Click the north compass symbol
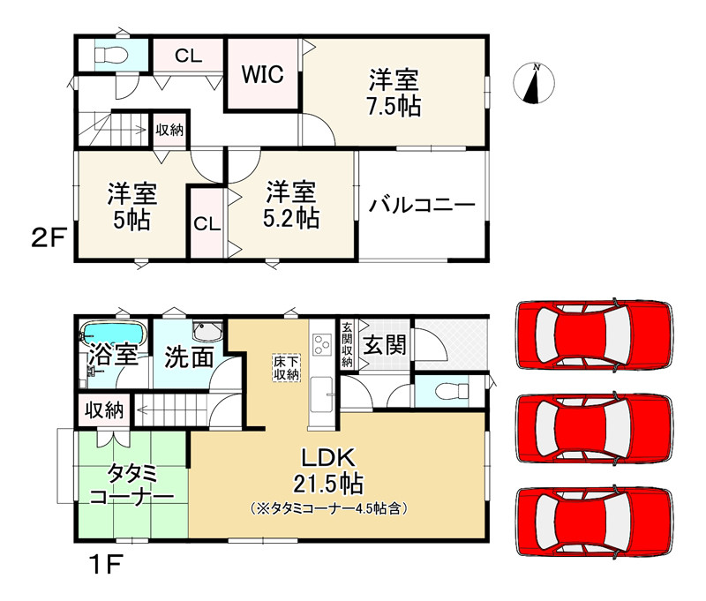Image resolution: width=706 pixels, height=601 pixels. pos(534,84)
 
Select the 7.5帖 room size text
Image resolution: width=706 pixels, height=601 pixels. pos(394,106)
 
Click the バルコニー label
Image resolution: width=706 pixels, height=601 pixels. pos(422,206)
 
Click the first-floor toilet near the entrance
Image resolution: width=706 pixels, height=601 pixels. pos(440,390)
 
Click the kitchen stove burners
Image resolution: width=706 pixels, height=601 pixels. pos(320,344)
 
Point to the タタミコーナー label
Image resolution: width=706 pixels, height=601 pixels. pos(131,484)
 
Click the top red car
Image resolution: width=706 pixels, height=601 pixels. pos(593,335)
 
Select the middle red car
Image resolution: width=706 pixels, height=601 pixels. pos(593,427)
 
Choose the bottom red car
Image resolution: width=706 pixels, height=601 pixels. pos(593,522)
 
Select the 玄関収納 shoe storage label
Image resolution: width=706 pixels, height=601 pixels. pos(347,343)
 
